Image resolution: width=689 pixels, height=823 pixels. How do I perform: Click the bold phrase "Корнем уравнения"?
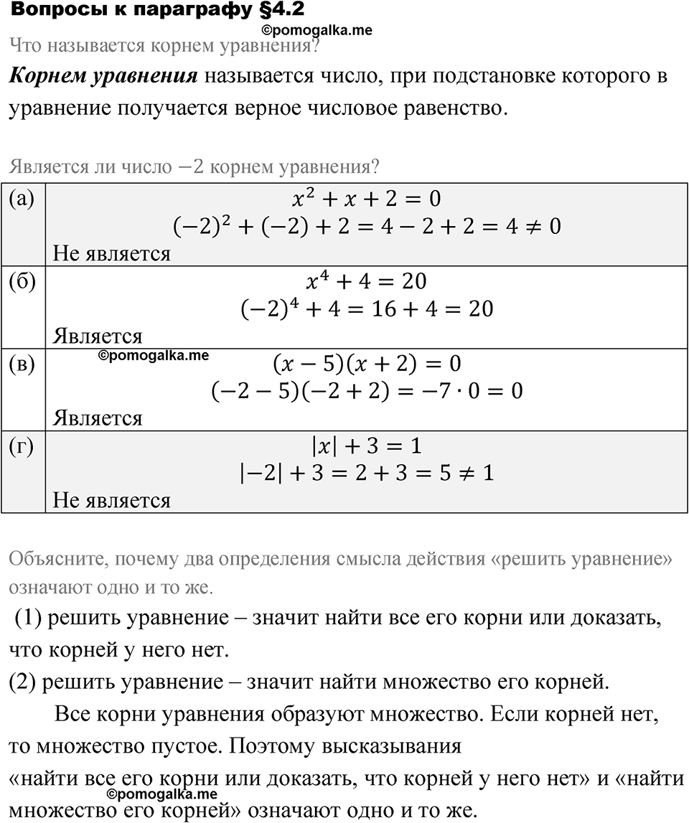[103, 77]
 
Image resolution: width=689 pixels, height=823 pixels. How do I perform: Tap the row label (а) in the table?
[22, 199]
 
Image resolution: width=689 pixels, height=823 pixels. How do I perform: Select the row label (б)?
[22, 281]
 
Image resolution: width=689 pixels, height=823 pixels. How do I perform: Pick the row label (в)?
[22, 364]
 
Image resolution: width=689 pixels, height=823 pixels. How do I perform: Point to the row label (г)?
[22, 446]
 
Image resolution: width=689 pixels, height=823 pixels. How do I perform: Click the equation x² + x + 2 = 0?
[367, 199]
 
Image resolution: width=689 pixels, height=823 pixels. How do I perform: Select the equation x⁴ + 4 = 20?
[367, 281]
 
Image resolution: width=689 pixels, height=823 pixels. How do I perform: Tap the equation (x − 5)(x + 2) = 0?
[367, 364]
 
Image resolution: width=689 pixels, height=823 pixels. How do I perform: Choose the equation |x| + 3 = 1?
[367, 446]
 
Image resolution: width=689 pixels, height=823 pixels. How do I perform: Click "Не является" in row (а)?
[112, 254]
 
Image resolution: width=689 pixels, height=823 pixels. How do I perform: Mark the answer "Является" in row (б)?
[98, 336]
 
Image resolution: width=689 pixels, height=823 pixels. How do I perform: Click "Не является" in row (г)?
[112, 500]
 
